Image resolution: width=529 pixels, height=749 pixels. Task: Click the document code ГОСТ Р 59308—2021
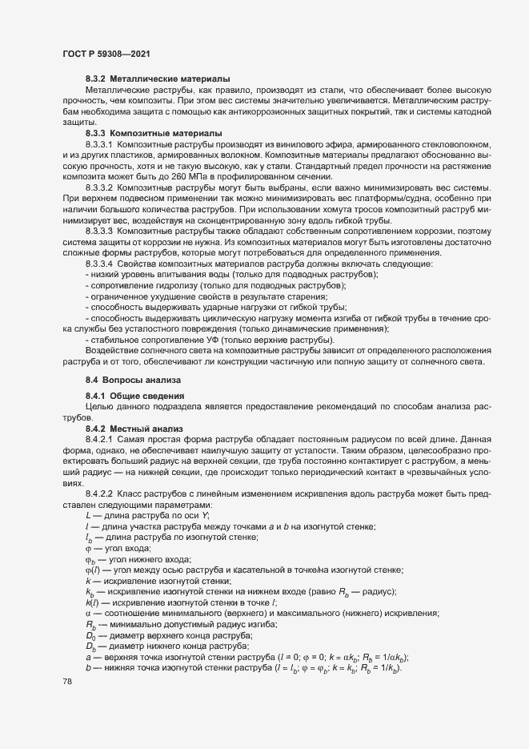[x=103, y=54]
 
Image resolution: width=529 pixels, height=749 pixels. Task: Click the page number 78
[x=67, y=682]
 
